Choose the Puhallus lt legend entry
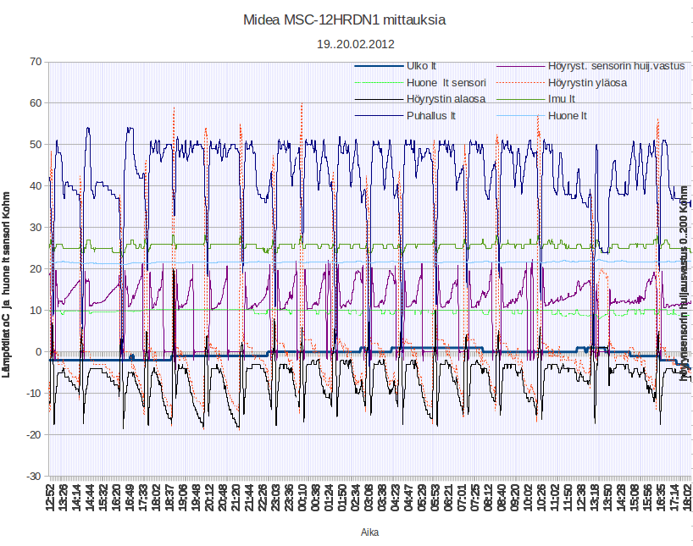(x=431, y=115)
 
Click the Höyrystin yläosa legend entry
(x=587, y=83)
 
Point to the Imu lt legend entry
(x=561, y=99)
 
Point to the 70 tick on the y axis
(x=36, y=61)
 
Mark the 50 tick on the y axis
(x=36, y=144)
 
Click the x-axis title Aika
(x=369, y=532)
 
